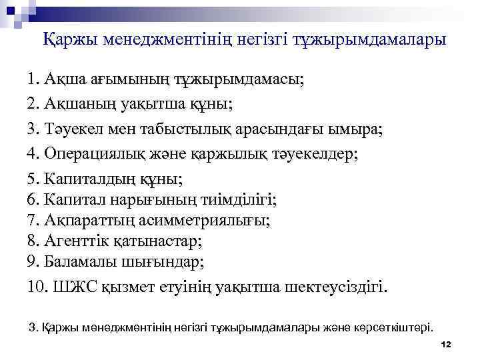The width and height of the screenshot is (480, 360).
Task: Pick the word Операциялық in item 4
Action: (93, 154)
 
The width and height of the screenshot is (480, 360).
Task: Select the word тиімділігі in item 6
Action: (241, 199)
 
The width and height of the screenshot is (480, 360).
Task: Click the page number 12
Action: (446, 344)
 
